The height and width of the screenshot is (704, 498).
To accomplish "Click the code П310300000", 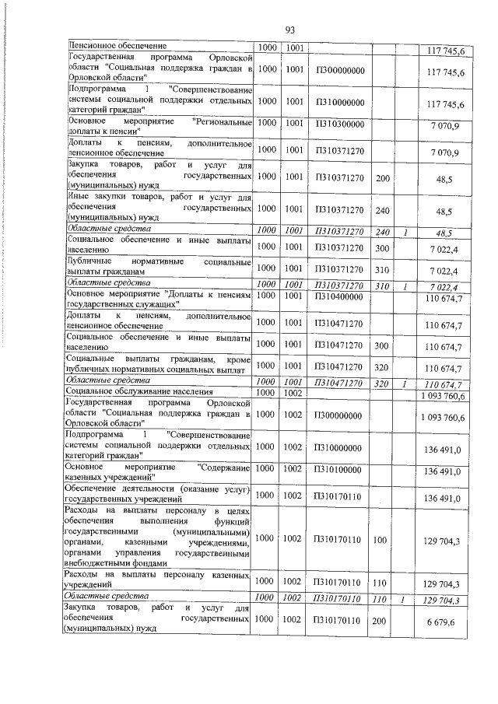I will coord(340,124).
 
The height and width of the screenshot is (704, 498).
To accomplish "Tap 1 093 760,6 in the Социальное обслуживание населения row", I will coord(441,396).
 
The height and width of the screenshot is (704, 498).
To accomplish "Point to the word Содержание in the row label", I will coord(225,467).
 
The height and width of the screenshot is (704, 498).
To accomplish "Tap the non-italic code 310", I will coord(381,269).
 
